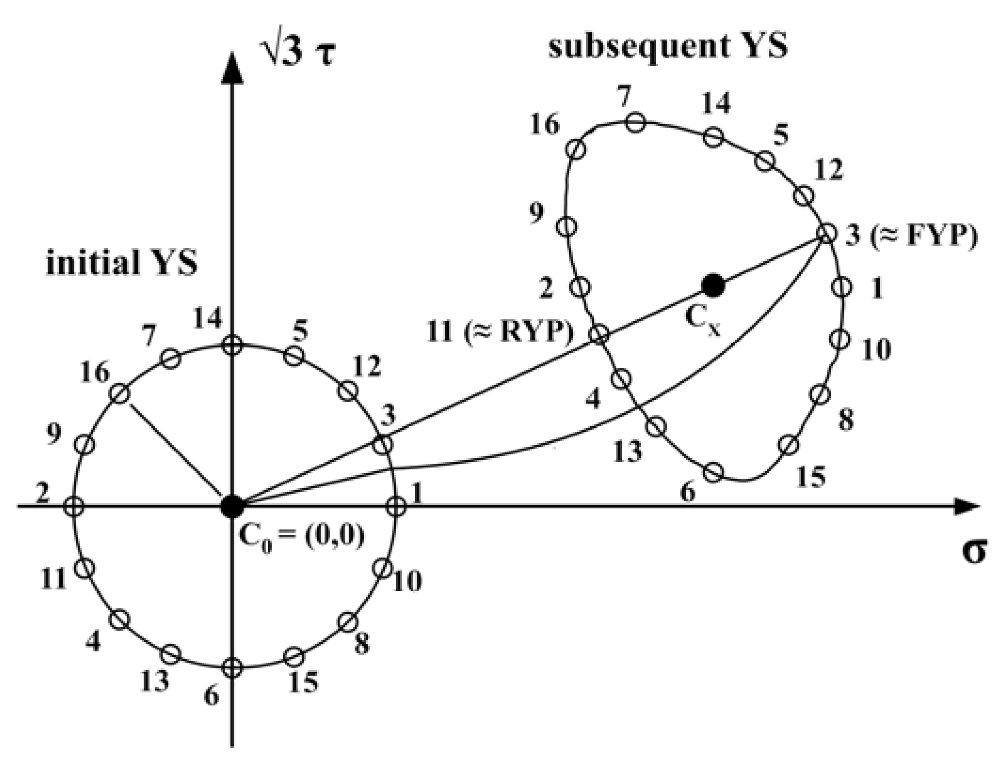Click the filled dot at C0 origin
[x=232, y=507]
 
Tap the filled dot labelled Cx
[x=713, y=285]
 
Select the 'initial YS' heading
[x=121, y=263]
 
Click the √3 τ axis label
[x=299, y=61]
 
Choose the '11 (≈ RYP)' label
[x=500, y=332]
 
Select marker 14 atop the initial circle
[x=232, y=346]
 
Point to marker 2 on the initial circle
[x=74, y=507]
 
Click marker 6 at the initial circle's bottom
[x=232, y=666]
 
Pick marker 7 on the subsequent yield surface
[x=635, y=123]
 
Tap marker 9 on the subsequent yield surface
[x=567, y=226]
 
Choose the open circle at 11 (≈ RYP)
[x=599, y=334]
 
